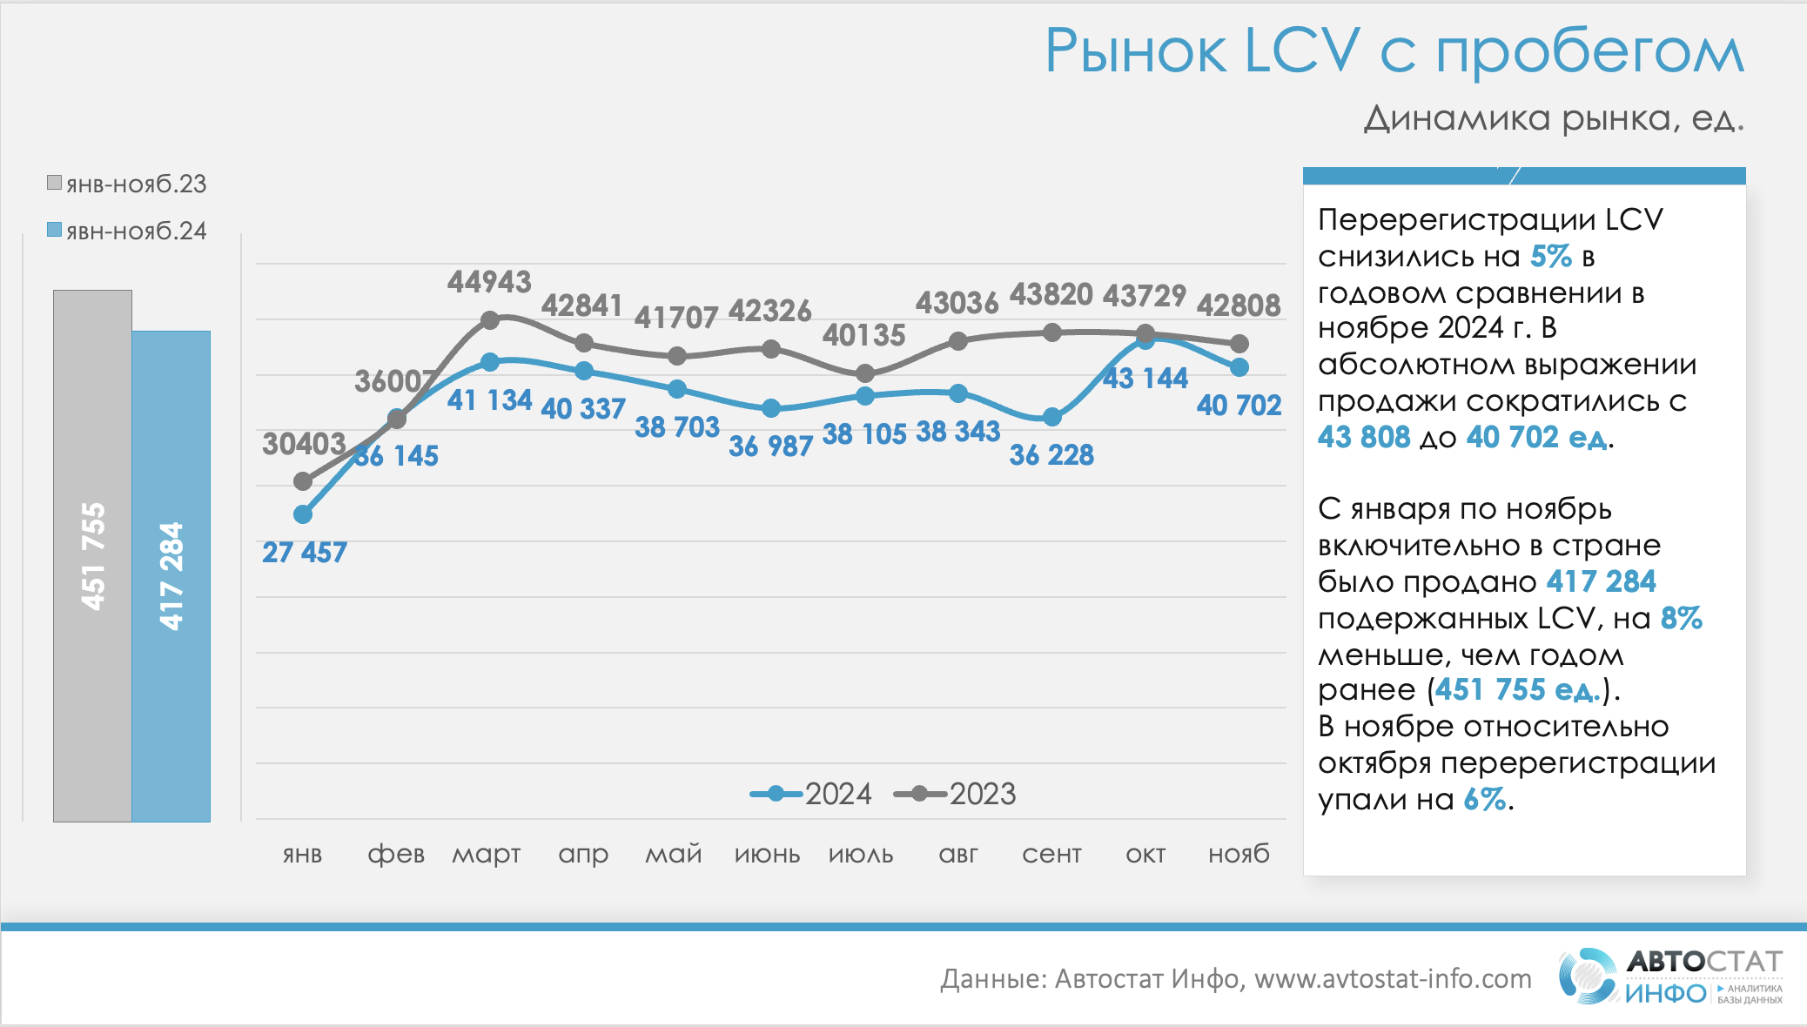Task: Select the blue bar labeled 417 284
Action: click(171, 575)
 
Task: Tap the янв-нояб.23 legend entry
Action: click(127, 184)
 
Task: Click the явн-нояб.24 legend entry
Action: click(127, 231)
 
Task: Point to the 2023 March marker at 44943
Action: click(490, 320)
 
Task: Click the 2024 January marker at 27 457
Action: click(303, 514)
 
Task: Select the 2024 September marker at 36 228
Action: click(1051, 417)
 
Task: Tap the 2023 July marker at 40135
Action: click(864, 373)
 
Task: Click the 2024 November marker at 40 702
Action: click(1239, 367)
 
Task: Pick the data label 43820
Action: click(1051, 295)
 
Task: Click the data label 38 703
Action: click(676, 427)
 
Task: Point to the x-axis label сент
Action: click(1051, 854)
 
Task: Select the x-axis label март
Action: click(486, 854)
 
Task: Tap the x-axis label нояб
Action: click(1239, 854)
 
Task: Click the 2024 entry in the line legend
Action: click(811, 794)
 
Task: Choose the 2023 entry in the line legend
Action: click(956, 794)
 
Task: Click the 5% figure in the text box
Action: click(1550, 257)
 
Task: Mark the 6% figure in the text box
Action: click(1484, 799)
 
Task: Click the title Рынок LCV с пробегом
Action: click(1394, 50)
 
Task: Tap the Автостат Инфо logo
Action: click(1669, 976)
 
